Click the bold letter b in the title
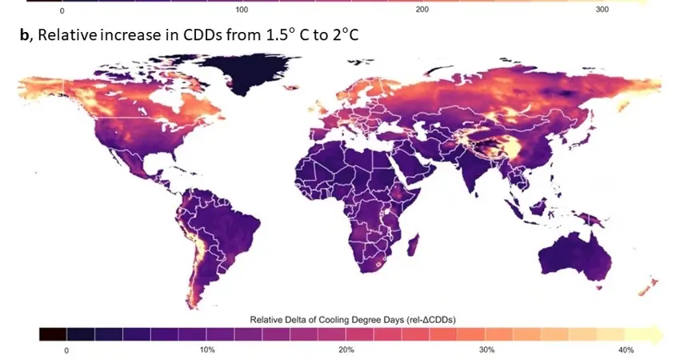tap(26, 37)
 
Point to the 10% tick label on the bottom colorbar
tap(206, 350)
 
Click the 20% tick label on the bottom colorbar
tap(346, 350)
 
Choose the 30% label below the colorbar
tap(486, 350)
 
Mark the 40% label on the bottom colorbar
tap(626, 350)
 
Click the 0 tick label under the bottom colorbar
tap(67, 350)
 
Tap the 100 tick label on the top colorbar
tap(242, 10)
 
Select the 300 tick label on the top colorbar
tap(602, 10)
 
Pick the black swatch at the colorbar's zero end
tap(53, 334)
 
